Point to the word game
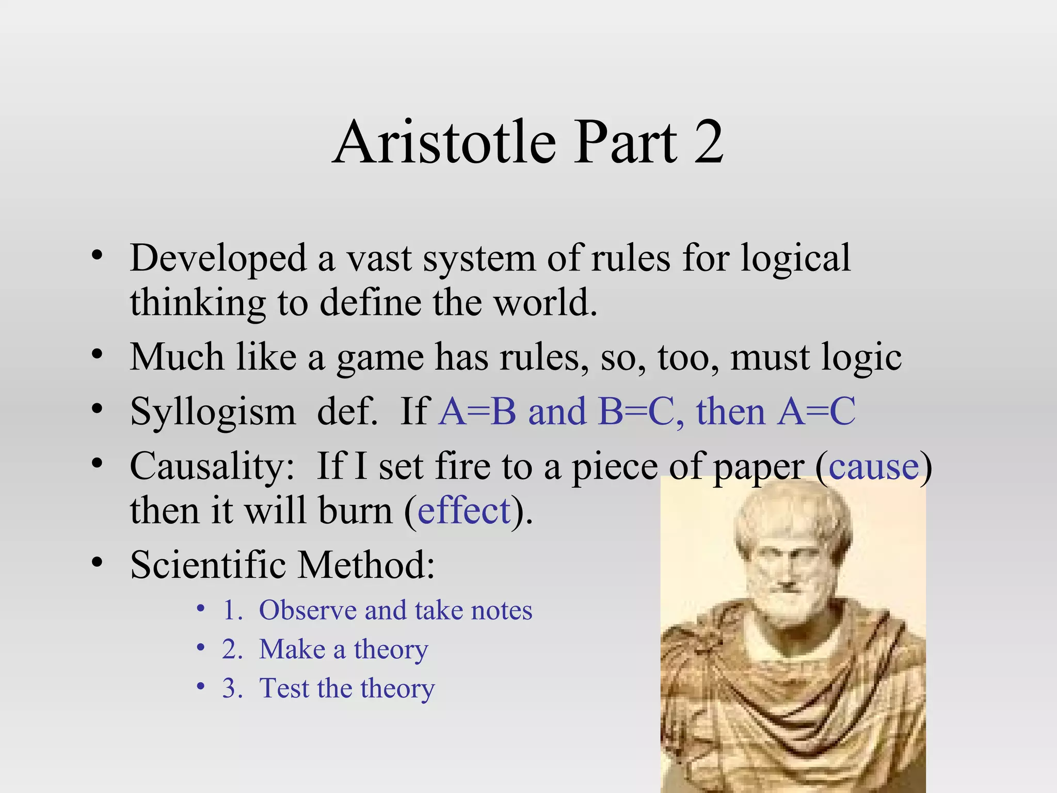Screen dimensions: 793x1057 380,358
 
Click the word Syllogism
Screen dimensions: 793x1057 213,413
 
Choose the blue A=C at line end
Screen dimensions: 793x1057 817,411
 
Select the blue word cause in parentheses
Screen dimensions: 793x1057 874,466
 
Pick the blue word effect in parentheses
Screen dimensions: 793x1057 464,511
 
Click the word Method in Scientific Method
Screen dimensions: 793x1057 366,565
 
